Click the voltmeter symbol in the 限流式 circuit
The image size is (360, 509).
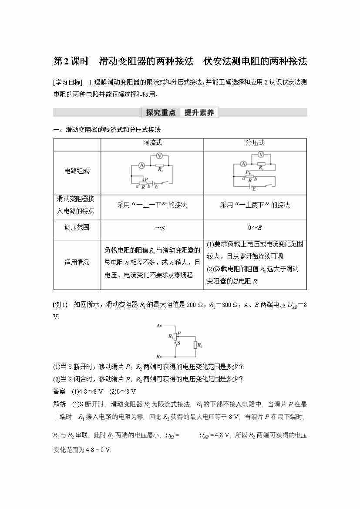click(x=159, y=156)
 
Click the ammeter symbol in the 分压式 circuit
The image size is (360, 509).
click(x=243, y=164)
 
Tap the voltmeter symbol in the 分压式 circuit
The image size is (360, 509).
click(x=261, y=155)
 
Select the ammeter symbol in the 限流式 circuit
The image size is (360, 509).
click(x=141, y=165)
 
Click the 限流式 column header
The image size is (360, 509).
click(x=152, y=143)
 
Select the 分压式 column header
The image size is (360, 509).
click(x=255, y=143)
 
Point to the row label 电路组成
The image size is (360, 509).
click(x=77, y=171)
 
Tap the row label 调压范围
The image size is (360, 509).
click(x=77, y=227)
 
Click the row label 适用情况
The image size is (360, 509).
click(x=77, y=262)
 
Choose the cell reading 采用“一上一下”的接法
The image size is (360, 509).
click(x=152, y=205)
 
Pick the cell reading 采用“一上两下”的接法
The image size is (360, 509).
click(x=255, y=205)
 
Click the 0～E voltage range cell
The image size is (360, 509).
click(x=255, y=228)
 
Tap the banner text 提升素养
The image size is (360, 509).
click(x=199, y=113)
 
